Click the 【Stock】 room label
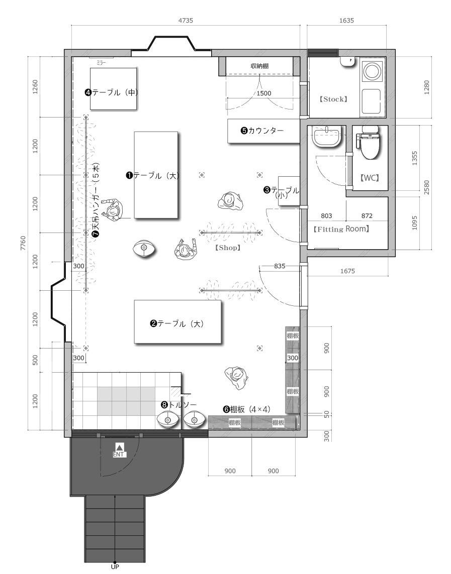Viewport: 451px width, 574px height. pyautogui.click(x=333, y=99)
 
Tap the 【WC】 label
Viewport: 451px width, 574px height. pyautogui.click(x=370, y=178)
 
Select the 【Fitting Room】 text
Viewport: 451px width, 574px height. pyautogui.click(x=341, y=229)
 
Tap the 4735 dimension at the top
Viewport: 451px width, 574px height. pyautogui.click(x=186, y=21)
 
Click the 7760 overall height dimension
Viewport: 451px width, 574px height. pyautogui.click(x=23, y=243)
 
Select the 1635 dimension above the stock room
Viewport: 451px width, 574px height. pyautogui.click(x=346, y=21)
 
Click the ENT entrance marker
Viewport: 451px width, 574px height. pyautogui.click(x=119, y=450)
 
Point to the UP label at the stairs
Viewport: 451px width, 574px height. pyautogui.click(x=115, y=566)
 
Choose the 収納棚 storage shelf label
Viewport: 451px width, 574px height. pyautogui.click(x=260, y=66)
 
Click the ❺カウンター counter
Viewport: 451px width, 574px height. pyautogui.click(x=264, y=131)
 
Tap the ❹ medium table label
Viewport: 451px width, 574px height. pyautogui.click(x=112, y=92)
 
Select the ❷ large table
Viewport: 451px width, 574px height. pyautogui.click(x=177, y=322)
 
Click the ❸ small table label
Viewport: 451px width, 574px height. pyautogui.click(x=282, y=192)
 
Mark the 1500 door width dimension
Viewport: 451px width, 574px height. pyautogui.click(x=264, y=93)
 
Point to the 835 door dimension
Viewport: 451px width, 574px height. pyautogui.click(x=280, y=266)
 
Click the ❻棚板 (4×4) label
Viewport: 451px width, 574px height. pyautogui.click(x=246, y=410)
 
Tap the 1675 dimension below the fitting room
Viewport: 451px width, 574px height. pyautogui.click(x=347, y=271)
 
